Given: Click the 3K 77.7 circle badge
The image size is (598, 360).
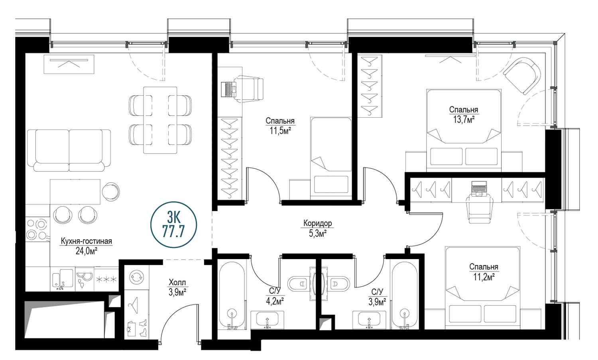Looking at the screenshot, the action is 173,224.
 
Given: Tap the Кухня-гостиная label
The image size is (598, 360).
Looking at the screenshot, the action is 86,241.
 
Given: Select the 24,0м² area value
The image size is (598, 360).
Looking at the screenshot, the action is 86,251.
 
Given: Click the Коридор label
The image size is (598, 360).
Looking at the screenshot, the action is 318,223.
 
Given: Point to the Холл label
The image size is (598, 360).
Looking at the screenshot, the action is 177,282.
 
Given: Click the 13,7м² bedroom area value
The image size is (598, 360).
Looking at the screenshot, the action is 463,119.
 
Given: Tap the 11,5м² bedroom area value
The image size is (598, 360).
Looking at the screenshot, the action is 280,131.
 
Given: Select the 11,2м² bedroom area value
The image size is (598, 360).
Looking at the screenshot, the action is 484,277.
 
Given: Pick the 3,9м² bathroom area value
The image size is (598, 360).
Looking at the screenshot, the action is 377,302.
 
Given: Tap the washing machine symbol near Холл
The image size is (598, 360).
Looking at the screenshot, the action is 136,277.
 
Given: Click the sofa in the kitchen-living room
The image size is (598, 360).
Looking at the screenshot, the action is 69,150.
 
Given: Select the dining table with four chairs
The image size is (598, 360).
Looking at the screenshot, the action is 160,120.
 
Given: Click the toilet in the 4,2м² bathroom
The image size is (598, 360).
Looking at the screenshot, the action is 299,283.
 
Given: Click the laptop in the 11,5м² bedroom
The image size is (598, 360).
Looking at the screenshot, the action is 229,89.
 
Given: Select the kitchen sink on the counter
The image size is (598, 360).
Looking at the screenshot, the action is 63,279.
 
